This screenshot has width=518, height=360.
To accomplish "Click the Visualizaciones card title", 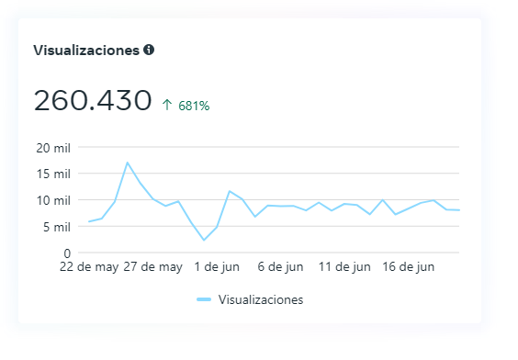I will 86,50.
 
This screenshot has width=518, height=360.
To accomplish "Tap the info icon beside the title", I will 149,50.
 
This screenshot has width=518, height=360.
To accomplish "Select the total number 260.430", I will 93,100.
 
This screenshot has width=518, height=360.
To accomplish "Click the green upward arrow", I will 167,106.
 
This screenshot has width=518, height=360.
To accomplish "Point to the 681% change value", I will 194,106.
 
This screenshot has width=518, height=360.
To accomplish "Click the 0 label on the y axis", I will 67,253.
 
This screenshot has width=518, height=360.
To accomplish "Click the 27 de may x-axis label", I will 152,267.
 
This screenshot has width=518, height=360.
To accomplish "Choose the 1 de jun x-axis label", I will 217,267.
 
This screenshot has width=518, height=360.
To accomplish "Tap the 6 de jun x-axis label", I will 280,267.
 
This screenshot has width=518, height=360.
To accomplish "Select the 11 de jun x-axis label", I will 344,267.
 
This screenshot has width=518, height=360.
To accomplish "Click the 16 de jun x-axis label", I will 409,267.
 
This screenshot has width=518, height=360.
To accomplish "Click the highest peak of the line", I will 128,163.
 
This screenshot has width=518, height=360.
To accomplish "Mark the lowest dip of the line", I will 204,240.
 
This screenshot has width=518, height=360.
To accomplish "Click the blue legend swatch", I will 204,299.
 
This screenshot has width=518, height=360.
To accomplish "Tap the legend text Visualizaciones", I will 261,299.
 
